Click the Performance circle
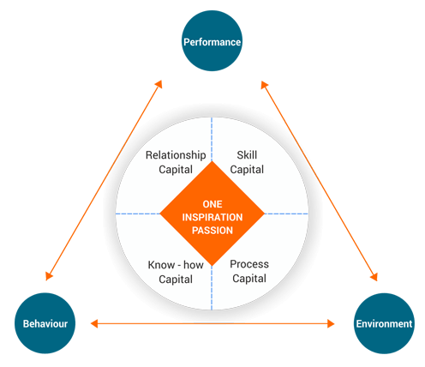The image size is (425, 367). click(x=212, y=41)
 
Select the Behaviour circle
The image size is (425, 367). click(x=45, y=323)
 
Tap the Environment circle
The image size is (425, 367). click(x=384, y=323)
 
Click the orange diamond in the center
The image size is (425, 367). click(x=212, y=214)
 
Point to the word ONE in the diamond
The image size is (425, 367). click(x=212, y=204)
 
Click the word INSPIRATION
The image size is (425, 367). click(x=212, y=217)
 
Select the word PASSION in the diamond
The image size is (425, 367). click(x=212, y=231)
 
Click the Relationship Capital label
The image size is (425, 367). click(x=176, y=162)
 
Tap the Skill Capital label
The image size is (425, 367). click(x=247, y=162)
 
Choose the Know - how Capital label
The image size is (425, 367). click(x=176, y=272)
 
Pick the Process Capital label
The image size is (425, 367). click(x=249, y=271)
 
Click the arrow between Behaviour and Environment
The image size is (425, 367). click(x=212, y=323)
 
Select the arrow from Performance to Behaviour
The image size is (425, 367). click(x=104, y=180)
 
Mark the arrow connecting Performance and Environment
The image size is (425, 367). click(x=320, y=181)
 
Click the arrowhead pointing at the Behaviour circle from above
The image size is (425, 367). click(x=49, y=275)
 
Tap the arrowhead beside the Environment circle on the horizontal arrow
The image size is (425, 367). click(x=331, y=323)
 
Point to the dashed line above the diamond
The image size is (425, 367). click(x=212, y=139)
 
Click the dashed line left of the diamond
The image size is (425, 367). click(x=138, y=214)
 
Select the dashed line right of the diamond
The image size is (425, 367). click(x=286, y=214)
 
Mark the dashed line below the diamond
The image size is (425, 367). click(x=212, y=288)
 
